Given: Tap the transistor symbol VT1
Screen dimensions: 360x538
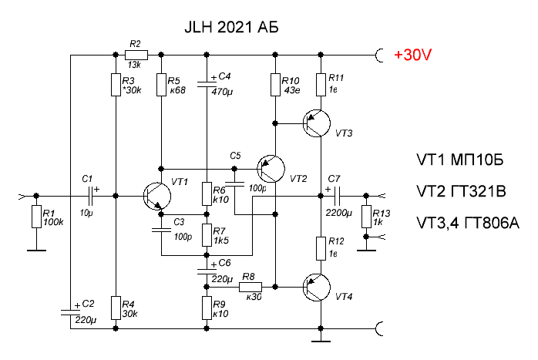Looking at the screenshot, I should [x=159, y=197].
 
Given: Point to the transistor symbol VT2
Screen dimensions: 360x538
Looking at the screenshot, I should [x=271, y=168].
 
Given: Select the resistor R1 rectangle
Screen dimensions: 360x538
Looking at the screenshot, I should [x=35, y=217].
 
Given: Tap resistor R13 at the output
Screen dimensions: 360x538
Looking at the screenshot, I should [x=365, y=217].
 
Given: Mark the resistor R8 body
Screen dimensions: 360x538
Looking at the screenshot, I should [x=249, y=287].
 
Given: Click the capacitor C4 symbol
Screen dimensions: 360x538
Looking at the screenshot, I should [x=207, y=81].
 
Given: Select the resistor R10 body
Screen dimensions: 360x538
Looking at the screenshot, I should [x=274, y=85].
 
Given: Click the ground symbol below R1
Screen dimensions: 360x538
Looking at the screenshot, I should [x=35, y=248].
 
